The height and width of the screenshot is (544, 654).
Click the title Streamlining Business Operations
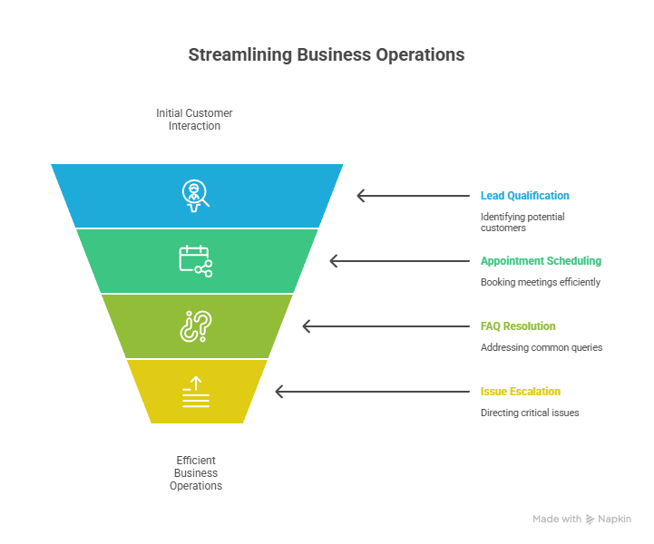click(x=327, y=54)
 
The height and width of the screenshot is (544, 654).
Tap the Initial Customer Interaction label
click(x=194, y=120)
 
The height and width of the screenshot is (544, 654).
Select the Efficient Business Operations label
click(x=196, y=472)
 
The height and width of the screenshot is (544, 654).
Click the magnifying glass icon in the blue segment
click(x=195, y=196)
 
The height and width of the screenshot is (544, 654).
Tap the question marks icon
click(x=195, y=326)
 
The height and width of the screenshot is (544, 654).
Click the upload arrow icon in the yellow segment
click(x=195, y=392)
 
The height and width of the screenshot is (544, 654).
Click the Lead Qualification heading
click(x=524, y=196)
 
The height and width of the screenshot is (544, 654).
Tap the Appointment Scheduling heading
click(x=540, y=261)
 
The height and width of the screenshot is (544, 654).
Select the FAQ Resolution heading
click(x=518, y=326)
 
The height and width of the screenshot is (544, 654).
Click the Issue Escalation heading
click(x=520, y=392)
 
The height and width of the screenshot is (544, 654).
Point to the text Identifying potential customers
click(x=522, y=222)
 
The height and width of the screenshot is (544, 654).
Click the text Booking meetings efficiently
click(x=540, y=282)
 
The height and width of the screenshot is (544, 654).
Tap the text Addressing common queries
click(x=541, y=347)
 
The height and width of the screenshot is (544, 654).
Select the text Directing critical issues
click(x=529, y=413)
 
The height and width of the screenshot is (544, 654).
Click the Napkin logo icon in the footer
click(x=591, y=520)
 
